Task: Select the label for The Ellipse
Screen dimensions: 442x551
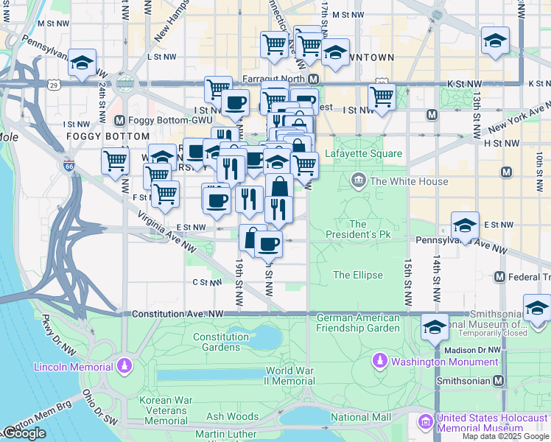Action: (x=357, y=275)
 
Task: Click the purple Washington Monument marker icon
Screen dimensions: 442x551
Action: (x=379, y=361)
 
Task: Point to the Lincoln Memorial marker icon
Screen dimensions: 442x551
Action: (x=125, y=366)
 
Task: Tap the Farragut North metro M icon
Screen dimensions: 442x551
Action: (x=313, y=79)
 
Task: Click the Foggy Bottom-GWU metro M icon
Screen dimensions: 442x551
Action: (x=119, y=119)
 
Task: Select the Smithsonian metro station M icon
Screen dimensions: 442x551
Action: (x=499, y=381)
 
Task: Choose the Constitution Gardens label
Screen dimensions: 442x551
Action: (x=221, y=342)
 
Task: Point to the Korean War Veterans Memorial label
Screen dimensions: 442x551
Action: (x=166, y=410)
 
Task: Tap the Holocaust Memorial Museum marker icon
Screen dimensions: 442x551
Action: (x=425, y=422)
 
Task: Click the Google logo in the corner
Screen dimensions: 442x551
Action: (x=24, y=433)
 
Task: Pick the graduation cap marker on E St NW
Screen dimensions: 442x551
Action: (x=465, y=225)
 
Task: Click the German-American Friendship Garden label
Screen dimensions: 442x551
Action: (x=357, y=323)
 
